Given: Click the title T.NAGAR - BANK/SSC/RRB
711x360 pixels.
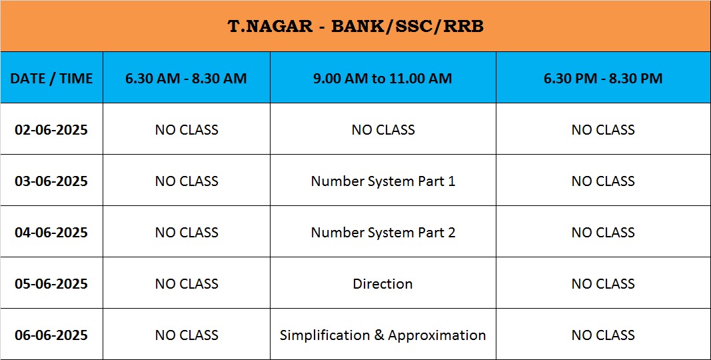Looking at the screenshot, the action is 356,26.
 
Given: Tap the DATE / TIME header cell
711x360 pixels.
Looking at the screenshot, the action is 51,79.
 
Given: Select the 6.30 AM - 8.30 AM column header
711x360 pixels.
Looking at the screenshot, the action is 187,79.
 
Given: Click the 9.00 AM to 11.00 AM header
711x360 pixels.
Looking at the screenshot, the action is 382,79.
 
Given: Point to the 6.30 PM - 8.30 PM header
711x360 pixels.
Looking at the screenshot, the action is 603,79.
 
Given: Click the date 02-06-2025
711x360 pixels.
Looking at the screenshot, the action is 51,130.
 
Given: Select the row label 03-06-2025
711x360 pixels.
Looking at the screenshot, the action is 51,181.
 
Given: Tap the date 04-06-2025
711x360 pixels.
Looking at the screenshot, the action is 51,232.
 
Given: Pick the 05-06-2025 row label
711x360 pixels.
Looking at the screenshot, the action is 51,284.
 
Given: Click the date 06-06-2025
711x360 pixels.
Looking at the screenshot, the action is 51,335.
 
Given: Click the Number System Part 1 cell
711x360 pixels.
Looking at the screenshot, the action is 382,181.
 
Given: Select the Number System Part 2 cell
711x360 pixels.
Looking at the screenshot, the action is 382,232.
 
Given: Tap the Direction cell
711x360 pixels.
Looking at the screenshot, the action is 382,284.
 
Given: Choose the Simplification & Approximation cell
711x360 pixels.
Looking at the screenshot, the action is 382,335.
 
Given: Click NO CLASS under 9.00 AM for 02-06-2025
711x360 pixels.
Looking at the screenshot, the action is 382,130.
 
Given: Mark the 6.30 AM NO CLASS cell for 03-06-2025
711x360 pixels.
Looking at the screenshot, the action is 187,181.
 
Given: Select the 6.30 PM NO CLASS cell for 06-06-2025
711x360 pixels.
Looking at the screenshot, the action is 603,335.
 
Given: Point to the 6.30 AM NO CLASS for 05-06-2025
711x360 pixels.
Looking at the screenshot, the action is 187,284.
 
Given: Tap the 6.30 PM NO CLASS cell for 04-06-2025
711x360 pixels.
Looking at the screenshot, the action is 603,232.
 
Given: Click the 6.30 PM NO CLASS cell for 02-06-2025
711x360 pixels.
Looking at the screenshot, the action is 603,130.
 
